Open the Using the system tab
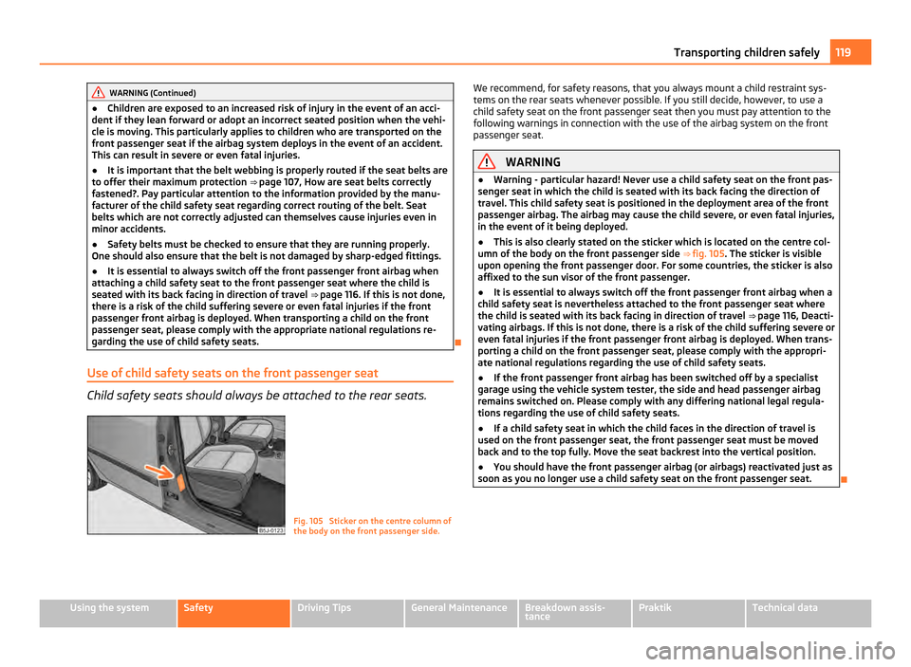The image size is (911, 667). (104, 606)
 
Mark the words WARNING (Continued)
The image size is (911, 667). (153, 93)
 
